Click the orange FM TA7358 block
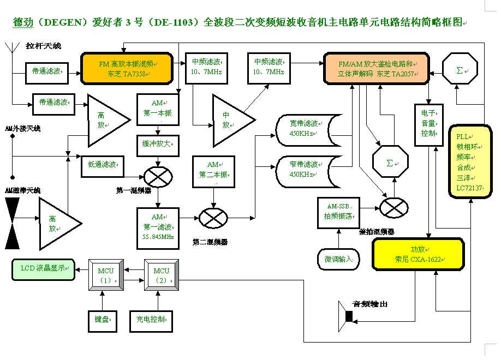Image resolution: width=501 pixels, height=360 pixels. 127,68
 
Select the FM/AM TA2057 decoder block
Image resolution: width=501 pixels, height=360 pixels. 378,68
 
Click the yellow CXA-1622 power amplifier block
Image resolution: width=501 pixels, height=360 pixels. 417,254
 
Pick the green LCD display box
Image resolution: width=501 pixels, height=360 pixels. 43,268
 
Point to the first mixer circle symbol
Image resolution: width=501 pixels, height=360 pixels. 158,177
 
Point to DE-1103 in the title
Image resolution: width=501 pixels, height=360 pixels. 170,23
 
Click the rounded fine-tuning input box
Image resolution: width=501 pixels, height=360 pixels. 338,258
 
